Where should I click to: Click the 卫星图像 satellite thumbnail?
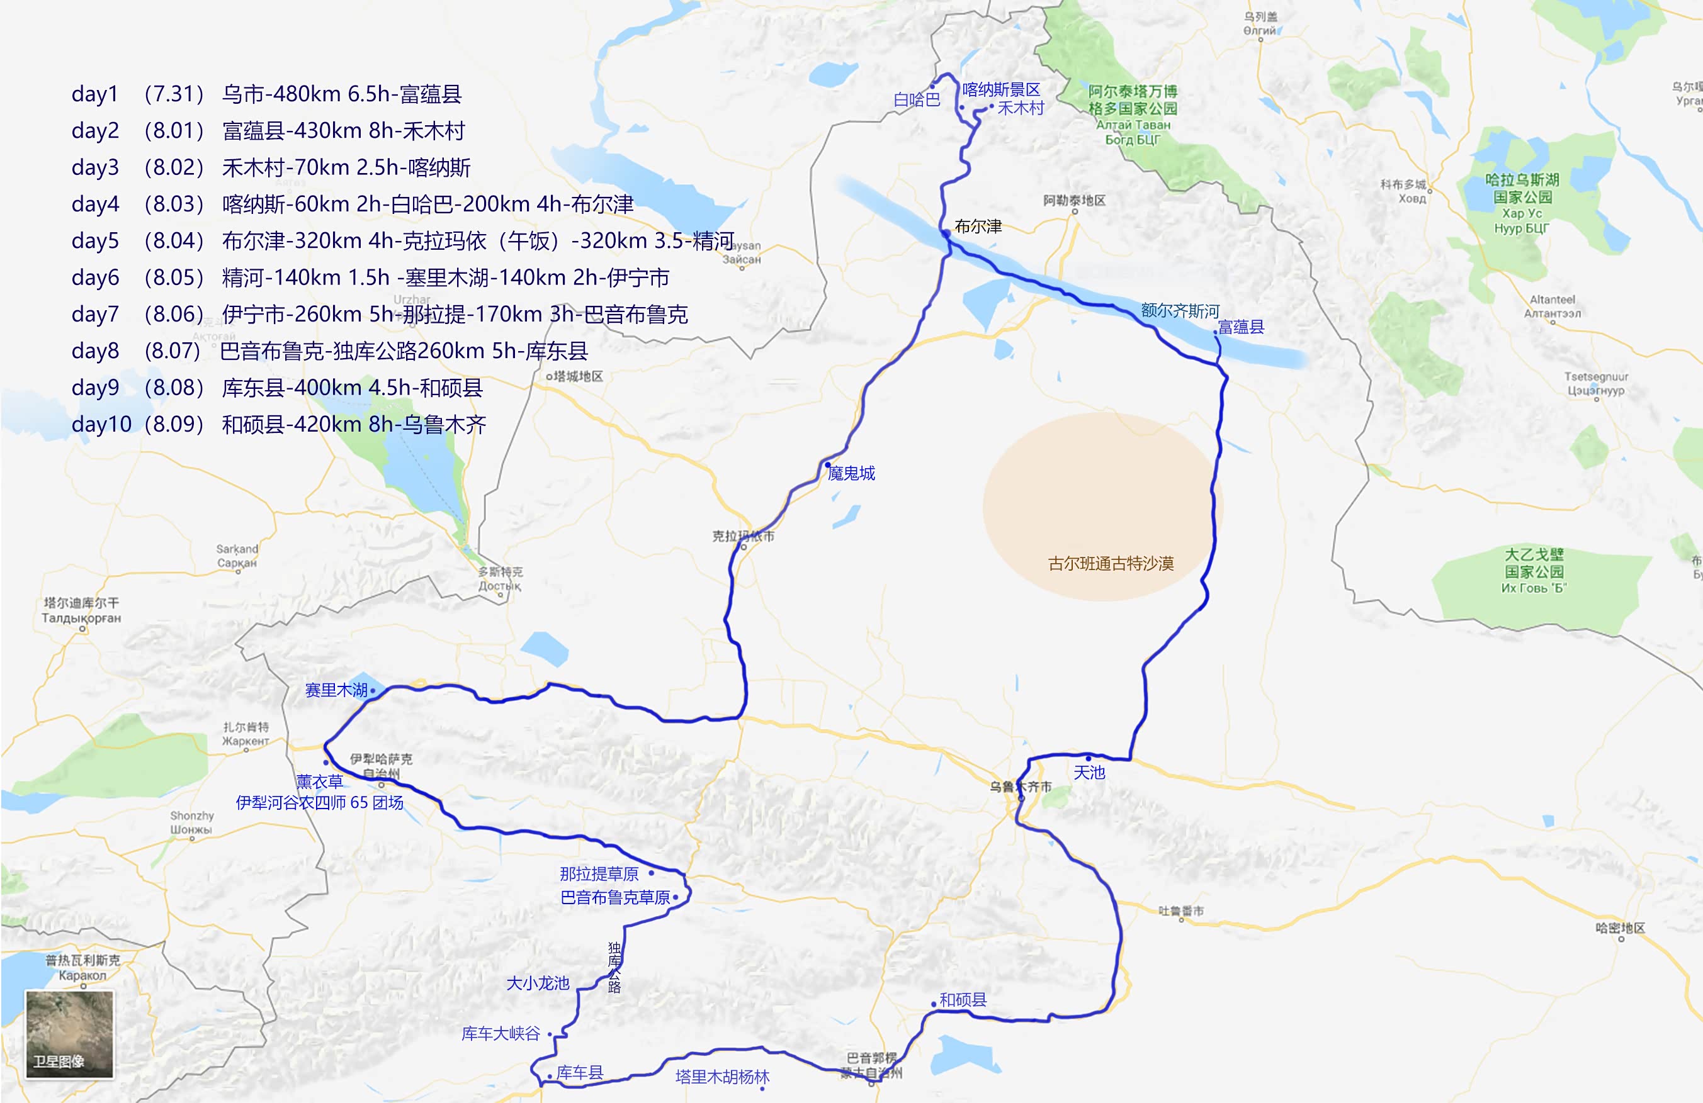pos(69,1033)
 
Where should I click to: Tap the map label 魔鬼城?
pos(851,473)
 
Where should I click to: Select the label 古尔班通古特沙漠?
pos(1111,564)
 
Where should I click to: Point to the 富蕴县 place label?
pos(1241,327)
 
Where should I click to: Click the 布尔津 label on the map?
pos(978,227)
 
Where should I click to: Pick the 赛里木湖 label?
pos(336,690)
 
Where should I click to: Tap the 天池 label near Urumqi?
pos(1089,773)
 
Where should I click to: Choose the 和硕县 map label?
pos(963,1000)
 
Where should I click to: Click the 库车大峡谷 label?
pos(501,1034)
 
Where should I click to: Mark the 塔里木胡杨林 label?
pos(722,1077)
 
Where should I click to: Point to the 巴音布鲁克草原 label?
pos(615,898)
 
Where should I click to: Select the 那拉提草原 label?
pos(599,874)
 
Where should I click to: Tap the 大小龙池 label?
pos(538,983)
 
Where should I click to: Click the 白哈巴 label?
pos(917,99)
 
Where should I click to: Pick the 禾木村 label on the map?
pos(1021,108)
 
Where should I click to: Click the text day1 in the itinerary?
pos(95,94)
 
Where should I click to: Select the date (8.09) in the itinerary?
pos(174,424)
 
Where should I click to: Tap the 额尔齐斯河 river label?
pos(1180,310)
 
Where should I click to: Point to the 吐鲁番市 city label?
pos(1180,910)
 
